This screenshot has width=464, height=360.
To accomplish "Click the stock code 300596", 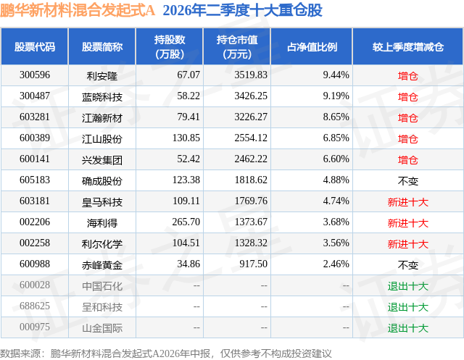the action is (35, 75).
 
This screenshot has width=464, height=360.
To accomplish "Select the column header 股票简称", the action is (102, 47).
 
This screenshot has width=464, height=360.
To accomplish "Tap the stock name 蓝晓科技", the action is (102, 96).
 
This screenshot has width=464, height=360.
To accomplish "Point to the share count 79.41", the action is (188, 117).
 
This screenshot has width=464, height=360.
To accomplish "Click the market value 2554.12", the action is (251, 138).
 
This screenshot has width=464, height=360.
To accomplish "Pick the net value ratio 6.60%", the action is (336, 159).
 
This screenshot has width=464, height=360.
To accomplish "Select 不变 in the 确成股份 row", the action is (407, 180).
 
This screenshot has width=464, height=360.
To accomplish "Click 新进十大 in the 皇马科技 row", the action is (407, 201).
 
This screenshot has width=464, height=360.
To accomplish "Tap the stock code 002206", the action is (35, 222).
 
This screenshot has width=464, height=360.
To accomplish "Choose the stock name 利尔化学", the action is (102, 243).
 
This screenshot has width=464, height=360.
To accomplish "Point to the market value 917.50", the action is (253, 264).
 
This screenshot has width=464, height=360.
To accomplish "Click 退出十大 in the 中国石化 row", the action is (407, 285).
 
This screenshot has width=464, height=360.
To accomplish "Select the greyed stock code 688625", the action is (35, 306).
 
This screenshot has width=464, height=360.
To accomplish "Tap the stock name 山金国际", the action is (102, 327).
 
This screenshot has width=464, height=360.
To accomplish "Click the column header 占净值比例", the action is (312, 47).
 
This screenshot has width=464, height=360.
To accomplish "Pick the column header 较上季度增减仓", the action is (408, 47).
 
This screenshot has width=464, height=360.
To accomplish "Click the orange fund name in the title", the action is (78, 10).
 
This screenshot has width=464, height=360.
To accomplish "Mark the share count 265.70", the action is (186, 222).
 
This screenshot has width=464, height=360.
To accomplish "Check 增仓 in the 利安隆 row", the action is (407, 75).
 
